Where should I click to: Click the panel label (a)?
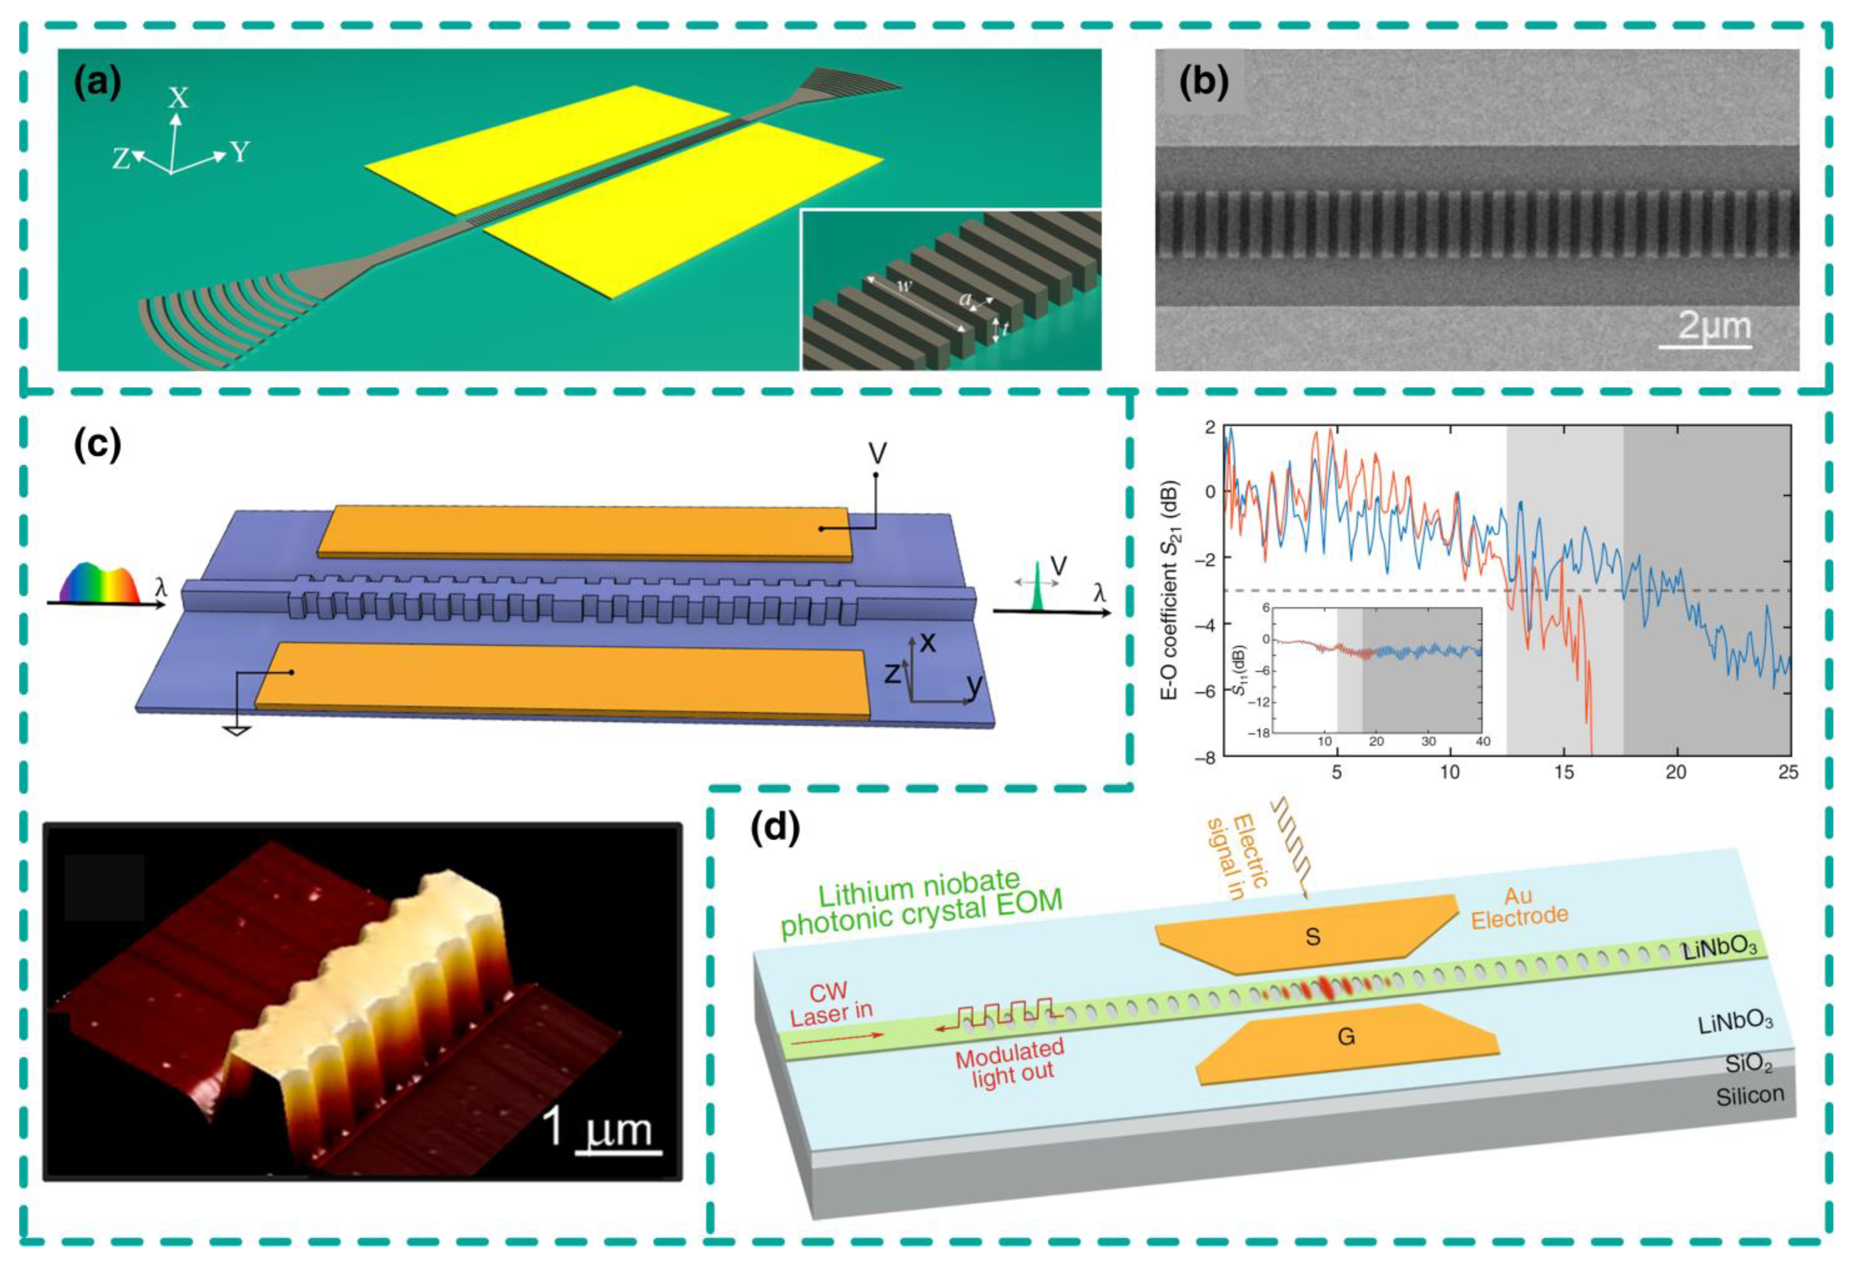[97, 83]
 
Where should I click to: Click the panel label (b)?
[1204, 83]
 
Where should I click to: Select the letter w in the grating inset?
[903, 287]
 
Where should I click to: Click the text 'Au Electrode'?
[1519, 907]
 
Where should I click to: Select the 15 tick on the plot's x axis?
[1563, 772]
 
